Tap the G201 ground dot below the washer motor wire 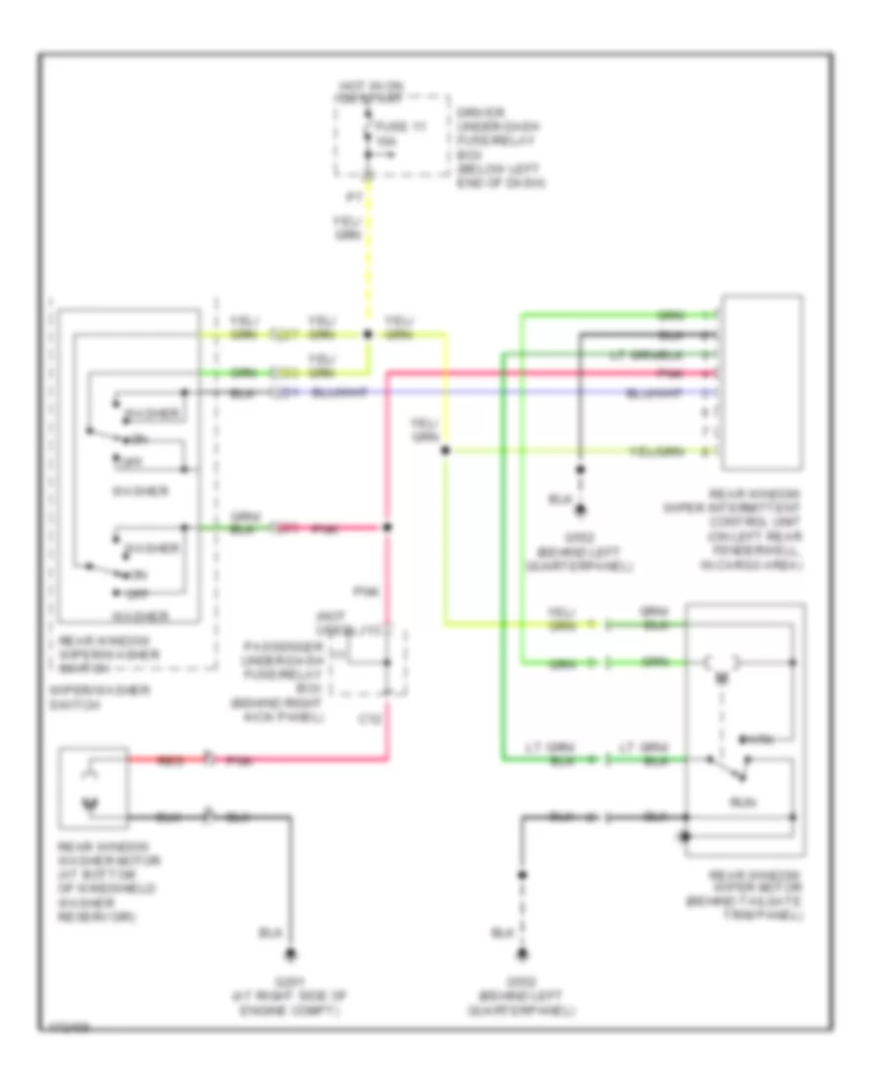click(x=292, y=953)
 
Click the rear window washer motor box click(x=93, y=785)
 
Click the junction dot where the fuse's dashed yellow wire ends click(x=367, y=335)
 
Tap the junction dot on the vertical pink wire click(x=388, y=528)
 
